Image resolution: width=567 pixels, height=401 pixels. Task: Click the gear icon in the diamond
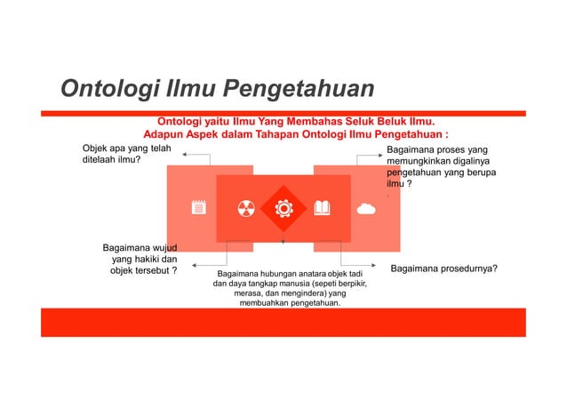click(x=283, y=209)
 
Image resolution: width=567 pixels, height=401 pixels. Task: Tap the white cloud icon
click(x=365, y=209)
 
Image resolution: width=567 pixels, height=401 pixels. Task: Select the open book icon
click(x=323, y=209)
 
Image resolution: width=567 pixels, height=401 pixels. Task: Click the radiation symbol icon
click(x=245, y=209)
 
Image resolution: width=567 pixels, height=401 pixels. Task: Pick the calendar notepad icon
click(x=198, y=209)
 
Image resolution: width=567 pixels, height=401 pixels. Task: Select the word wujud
click(x=161, y=245)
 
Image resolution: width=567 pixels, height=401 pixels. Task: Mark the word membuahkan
click(x=272, y=303)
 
